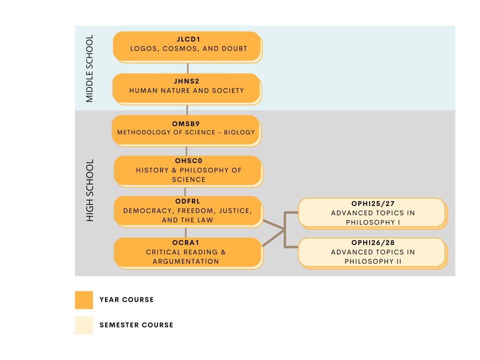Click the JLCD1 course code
coord(188,39)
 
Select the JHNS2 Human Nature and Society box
coord(186,88)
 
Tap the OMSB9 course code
coord(186,123)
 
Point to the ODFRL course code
coord(187,201)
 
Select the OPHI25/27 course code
coord(372,204)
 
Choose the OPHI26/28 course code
coord(372,243)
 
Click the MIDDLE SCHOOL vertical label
coord(90,68)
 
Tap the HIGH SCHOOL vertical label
coord(90,190)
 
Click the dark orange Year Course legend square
coord(84,300)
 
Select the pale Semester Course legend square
coord(84,325)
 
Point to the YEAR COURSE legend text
coord(126,300)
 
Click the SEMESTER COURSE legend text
coord(136,325)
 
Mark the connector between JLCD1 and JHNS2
coord(187,68)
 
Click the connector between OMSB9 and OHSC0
coord(186,150)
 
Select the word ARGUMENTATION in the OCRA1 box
coord(186,261)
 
